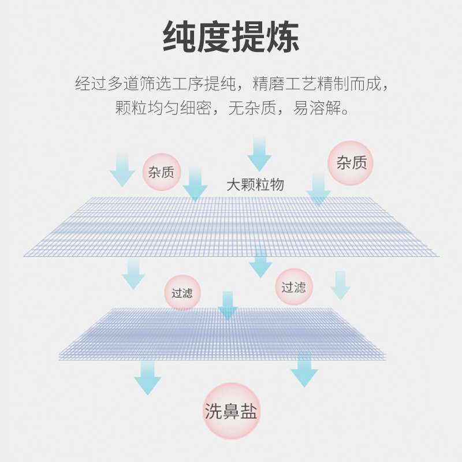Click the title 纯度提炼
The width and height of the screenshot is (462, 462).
coord(231,37)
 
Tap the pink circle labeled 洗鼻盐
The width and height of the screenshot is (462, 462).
coord(232,411)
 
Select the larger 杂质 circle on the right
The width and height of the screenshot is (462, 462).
coord(351,163)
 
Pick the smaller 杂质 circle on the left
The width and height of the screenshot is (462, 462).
coord(162,172)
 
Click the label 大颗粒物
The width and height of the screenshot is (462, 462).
coord(255,185)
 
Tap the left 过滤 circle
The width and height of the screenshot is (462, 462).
coord(182,293)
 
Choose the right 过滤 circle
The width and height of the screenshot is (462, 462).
coord(294,287)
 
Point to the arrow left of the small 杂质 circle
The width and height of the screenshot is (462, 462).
coord(122,169)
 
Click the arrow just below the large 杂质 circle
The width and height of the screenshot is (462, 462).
coord(319,189)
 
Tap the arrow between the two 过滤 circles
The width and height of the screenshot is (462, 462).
coord(228,305)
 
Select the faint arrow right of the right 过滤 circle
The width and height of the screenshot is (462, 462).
coord(340,285)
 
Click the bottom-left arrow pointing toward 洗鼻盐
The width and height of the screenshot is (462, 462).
coord(148,378)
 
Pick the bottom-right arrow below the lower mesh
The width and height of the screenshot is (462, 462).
coord(304,371)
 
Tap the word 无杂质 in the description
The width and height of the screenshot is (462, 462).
coord(252,108)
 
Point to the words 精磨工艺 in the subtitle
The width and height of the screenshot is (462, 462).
coord(284,84)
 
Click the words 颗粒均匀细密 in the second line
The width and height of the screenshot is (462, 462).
coord(163,108)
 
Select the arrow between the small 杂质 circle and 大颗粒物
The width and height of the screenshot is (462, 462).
coord(195,184)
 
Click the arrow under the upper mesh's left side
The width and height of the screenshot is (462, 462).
coord(133,274)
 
